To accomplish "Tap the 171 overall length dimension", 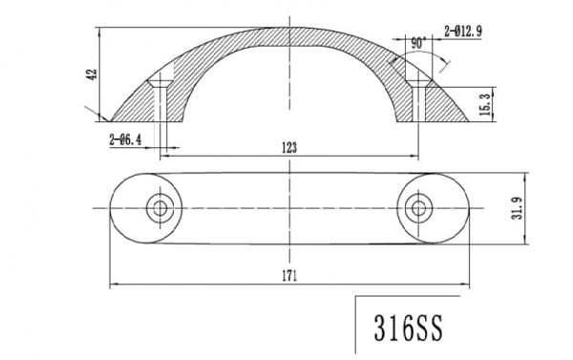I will click(x=290, y=277).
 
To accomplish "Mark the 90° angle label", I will click(x=417, y=43).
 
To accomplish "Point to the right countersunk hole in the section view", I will click(x=418, y=98).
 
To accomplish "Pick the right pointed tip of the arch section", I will click(x=471, y=122).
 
